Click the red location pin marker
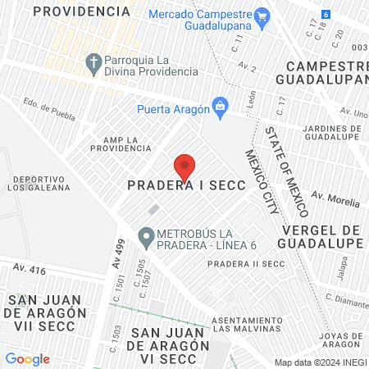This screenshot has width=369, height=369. pos(185,166)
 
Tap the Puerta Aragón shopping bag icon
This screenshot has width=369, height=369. pos(220,105)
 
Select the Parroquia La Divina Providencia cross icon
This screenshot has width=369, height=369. pos(94,63)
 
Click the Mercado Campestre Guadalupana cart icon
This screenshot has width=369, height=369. pos(262,16)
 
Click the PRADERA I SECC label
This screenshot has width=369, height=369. pos(186,186)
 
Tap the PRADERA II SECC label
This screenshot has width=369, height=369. pos(244,264)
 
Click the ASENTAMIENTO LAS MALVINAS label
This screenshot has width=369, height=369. pos(247,324)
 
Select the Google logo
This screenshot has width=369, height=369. pos(27,358)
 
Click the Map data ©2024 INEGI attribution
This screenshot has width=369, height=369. pos(321,362)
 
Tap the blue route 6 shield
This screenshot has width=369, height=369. pos(326,15)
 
